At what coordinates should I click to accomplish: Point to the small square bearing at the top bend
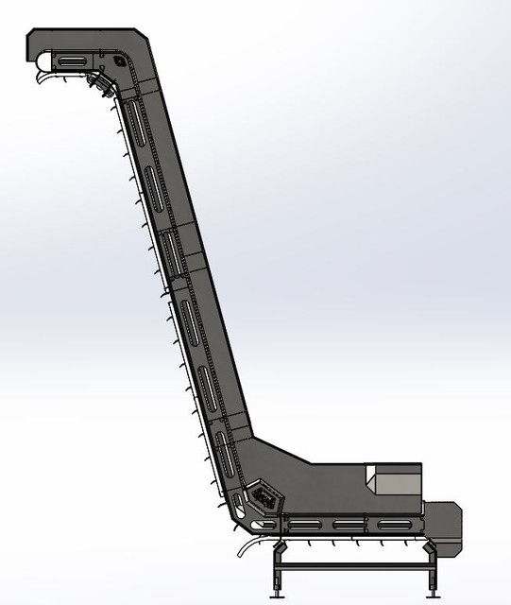(120, 62)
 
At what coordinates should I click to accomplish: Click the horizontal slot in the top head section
(71, 62)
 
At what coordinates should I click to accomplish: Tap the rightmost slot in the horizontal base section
(398, 526)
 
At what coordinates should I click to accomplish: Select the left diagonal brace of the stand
(281, 548)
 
